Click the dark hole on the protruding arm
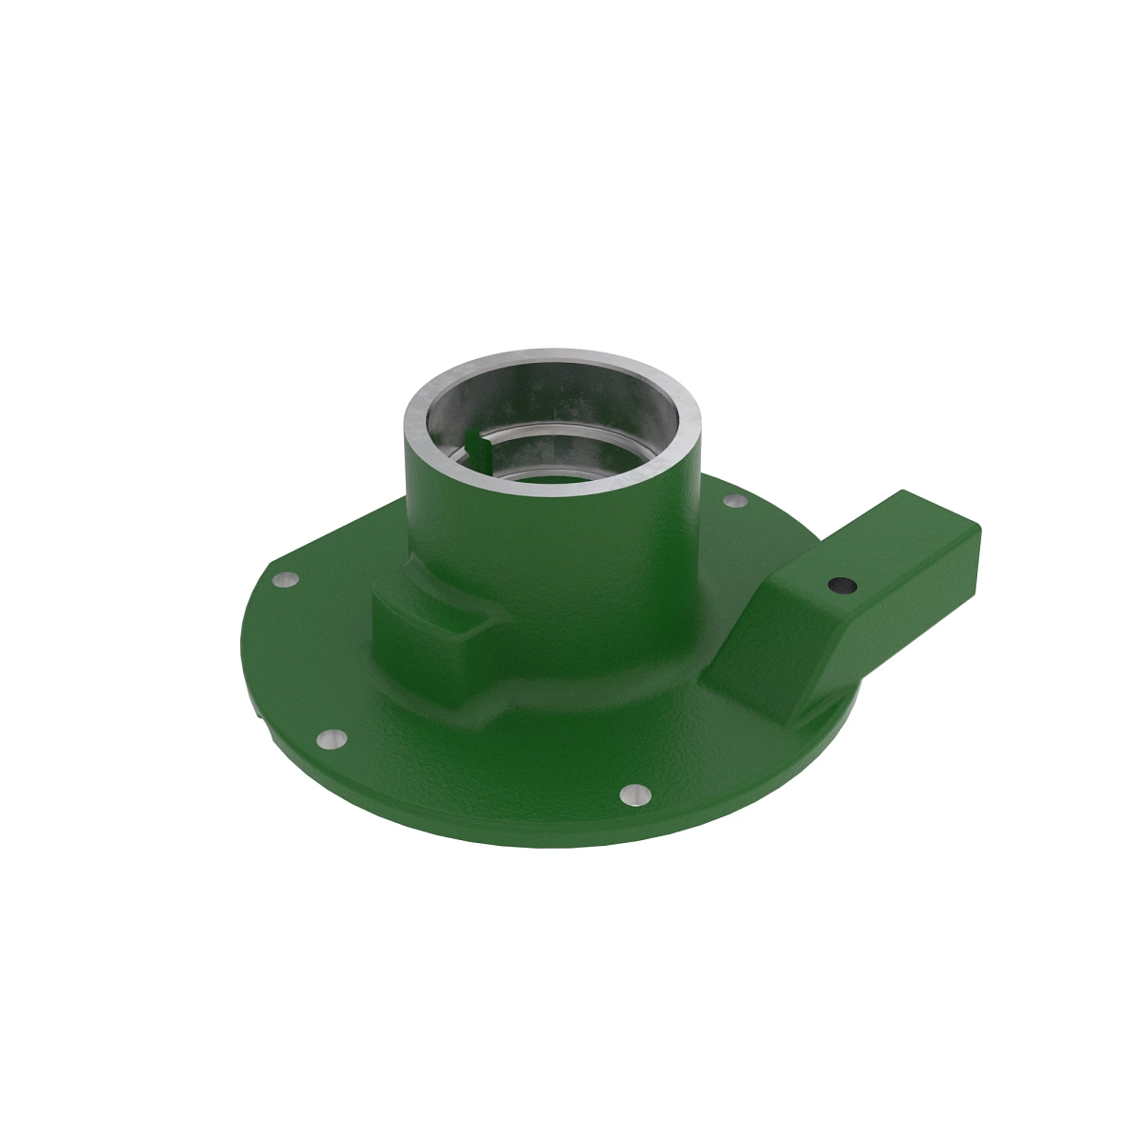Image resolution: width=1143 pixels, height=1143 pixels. pos(839,585)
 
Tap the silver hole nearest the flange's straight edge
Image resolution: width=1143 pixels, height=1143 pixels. pos(285,579)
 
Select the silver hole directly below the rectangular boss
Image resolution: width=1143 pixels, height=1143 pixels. pos(331,737)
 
